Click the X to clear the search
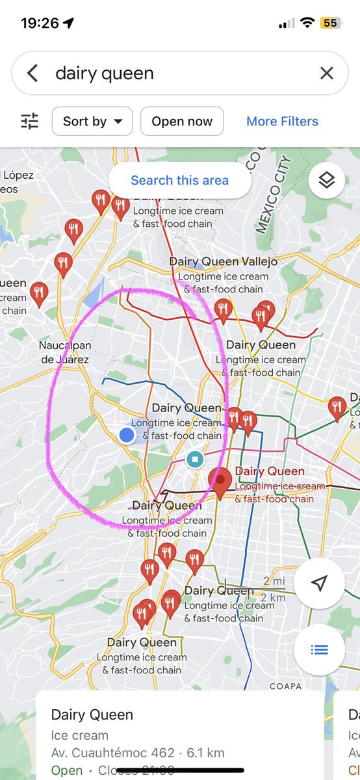coord(326,73)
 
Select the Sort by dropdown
coord(92,122)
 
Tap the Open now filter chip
coord(182,122)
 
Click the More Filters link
coord(282,122)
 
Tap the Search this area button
coord(179,180)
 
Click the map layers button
coord(326,181)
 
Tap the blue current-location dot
coord(127,435)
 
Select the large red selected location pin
coord(220,482)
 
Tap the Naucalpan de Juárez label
coord(64,352)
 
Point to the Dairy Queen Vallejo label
coord(224,261)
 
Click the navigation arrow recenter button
coord(318,583)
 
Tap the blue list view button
coord(318,649)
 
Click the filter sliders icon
coord(30,122)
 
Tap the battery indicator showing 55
coord(329,23)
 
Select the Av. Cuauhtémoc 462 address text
coord(112,753)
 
